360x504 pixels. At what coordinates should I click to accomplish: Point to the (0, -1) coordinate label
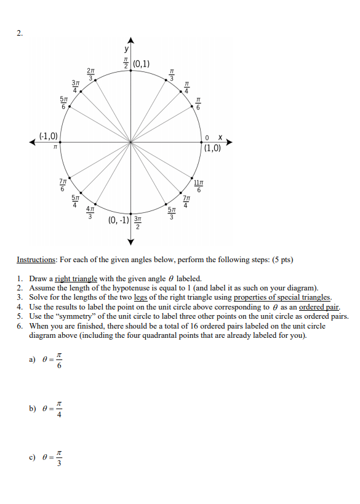[119, 220]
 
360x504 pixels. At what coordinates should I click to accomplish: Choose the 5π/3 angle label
[173, 212]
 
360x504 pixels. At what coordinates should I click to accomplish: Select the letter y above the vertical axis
[127, 49]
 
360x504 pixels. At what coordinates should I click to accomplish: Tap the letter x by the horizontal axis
[219, 136]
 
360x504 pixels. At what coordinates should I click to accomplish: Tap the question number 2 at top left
[19, 33]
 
